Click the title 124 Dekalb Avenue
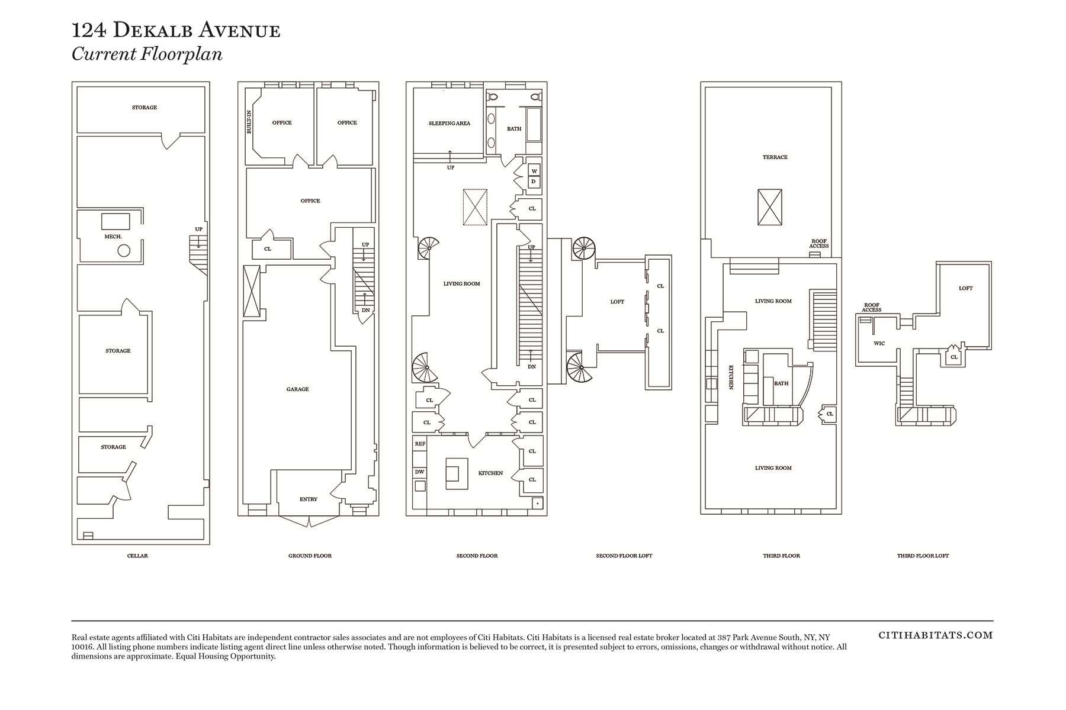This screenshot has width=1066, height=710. [176, 30]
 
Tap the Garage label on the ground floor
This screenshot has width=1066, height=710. [297, 389]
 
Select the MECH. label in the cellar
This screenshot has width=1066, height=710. [113, 237]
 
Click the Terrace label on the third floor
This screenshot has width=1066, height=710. [775, 157]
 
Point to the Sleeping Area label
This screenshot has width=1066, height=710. [449, 124]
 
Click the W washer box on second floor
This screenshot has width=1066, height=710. [534, 172]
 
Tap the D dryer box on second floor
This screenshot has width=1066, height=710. [534, 182]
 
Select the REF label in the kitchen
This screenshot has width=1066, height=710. [420, 444]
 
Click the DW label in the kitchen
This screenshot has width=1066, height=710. [419, 472]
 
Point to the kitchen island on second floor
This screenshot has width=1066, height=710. [457, 473]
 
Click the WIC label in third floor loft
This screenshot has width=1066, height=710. [879, 343]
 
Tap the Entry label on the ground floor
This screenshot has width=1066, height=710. [309, 499]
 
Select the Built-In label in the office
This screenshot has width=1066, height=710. [249, 121]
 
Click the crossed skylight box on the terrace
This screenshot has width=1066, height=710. [770, 207]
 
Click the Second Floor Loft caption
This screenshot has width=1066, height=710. [624, 556]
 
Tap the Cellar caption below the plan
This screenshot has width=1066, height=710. [137, 556]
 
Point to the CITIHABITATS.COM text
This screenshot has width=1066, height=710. [936, 635]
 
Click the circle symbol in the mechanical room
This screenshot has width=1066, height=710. [124, 250]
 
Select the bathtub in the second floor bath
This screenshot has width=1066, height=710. [534, 124]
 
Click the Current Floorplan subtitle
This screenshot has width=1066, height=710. [147, 54]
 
